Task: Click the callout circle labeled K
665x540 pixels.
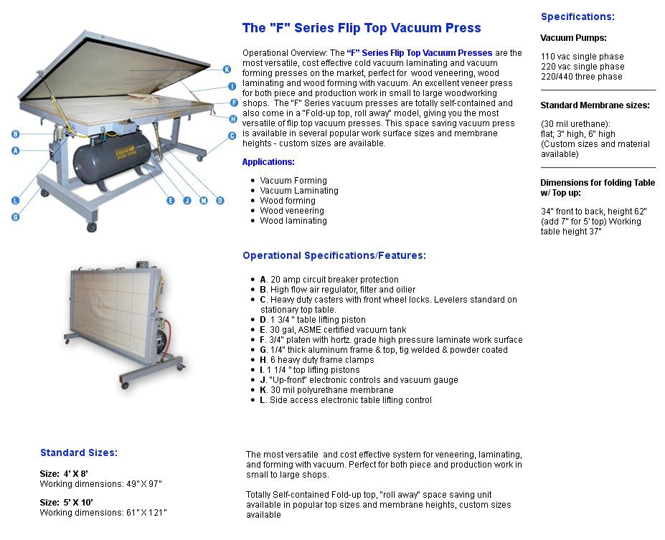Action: (227, 70)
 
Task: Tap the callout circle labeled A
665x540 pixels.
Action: (15, 150)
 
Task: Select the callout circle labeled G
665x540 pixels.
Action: (15, 216)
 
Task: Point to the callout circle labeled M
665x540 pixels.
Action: (204, 201)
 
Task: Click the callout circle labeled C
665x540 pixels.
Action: (232, 136)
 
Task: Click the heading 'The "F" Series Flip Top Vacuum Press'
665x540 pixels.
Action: (362, 28)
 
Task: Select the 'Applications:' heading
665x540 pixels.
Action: (268, 162)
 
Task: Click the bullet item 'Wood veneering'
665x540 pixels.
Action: (292, 211)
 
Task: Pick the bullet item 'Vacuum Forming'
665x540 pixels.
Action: (293, 181)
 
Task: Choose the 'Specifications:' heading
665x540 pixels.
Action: (577, 17)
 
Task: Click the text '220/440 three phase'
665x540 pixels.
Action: (581, 77)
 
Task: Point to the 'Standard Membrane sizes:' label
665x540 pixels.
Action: (595, 105)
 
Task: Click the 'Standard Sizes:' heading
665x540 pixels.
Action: (79, 453)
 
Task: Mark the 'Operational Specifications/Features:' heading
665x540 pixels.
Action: (334, 255)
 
